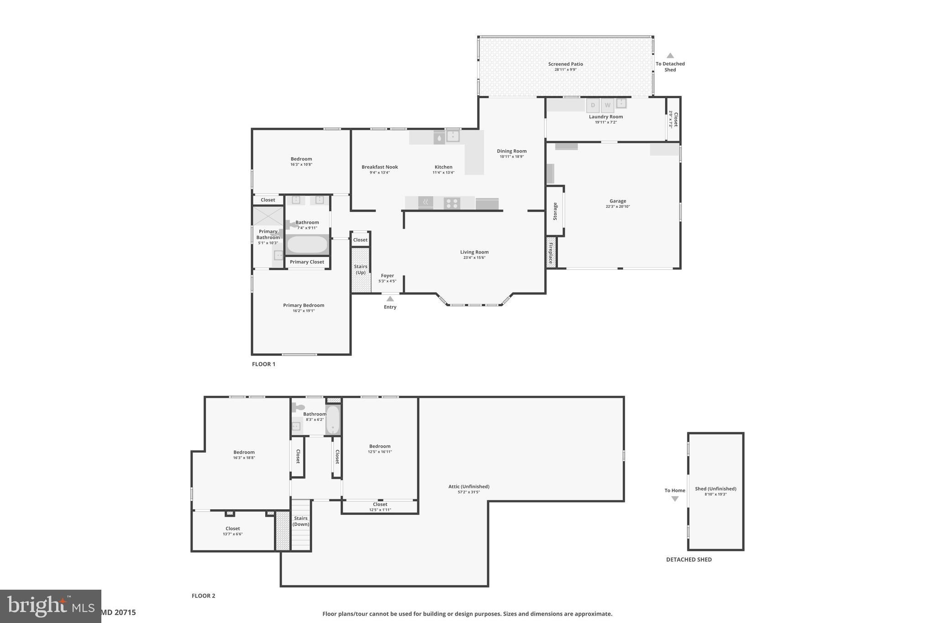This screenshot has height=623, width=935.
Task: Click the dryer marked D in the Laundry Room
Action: coord(593,105)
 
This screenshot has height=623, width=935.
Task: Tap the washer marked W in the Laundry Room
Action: coord(607,105)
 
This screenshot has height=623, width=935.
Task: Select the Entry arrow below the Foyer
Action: coord(390,299)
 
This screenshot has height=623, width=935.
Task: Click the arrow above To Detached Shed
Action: coord(670,56)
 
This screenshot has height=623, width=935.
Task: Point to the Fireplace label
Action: coord(551,252)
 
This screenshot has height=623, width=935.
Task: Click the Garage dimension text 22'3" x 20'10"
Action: coord(618,207)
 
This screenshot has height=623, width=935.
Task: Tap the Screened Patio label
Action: coord(565,64)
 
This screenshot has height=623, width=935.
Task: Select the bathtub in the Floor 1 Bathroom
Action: coord(307,245)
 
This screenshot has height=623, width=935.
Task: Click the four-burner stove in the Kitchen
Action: coord(452,203)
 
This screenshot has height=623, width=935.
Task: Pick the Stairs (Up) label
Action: coord(361,269)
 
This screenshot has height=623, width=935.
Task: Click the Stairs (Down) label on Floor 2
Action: coord(300,521)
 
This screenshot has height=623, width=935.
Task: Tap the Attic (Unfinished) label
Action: coord(468,487)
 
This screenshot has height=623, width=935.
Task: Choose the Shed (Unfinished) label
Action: coord(715,489)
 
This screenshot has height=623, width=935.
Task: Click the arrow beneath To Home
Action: coord(675,499)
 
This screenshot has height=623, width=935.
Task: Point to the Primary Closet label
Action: coord(307,262)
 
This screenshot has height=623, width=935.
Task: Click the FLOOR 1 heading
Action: coord(263,364)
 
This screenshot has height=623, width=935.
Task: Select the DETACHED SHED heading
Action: coord(688,560)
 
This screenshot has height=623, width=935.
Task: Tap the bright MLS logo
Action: coord(50,606)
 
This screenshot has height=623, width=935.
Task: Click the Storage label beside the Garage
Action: coord(555,211)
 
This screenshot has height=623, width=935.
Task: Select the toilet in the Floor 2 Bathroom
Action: coord(298,407)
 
